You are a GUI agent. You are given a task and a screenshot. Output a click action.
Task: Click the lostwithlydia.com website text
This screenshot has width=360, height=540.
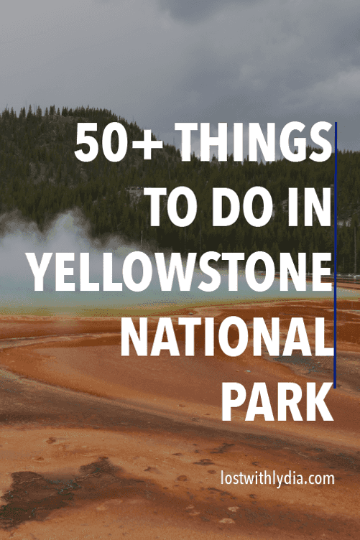click(277, 478)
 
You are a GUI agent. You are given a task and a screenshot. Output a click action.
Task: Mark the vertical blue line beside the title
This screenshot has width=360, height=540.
click(336, 255)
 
